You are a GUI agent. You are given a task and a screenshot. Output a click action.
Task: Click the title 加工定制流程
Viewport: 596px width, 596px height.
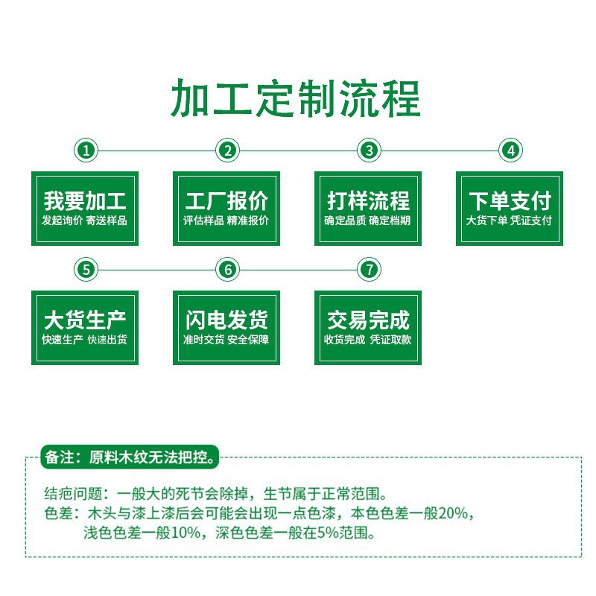(x=297, y=99)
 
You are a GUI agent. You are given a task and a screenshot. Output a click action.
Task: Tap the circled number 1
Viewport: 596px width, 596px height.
(x=86, y=150)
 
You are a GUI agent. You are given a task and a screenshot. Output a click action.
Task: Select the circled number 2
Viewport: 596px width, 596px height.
(x=227, y=150)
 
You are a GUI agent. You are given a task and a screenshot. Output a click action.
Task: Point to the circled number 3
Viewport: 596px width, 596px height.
(x=368, y=150)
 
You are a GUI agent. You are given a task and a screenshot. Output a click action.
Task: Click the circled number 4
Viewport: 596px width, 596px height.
(x=510, y=150)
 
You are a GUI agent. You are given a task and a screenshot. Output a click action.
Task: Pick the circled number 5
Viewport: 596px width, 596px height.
(x=86, y=270)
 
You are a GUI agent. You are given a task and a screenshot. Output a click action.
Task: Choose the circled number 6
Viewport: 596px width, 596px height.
(x=227, y=270)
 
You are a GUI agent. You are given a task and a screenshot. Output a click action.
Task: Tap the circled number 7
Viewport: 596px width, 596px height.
(x=368, y=270)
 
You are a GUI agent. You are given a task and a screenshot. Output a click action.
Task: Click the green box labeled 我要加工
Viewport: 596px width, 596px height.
(x=85, y=209)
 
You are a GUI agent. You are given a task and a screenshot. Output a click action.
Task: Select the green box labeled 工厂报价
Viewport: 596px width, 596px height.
(x=226, y=209)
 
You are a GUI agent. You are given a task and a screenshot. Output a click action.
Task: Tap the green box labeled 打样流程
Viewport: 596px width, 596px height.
(x=368, y=209)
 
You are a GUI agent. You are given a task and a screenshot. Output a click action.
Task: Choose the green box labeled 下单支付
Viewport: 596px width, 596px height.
(x=510, y=209)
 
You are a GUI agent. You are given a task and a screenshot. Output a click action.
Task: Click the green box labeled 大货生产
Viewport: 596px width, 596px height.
(x=85, y=328)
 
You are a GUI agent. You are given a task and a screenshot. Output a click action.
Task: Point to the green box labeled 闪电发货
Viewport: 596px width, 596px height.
(x=226, y=328)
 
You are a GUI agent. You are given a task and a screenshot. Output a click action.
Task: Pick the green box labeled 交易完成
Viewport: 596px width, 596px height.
(x=368, y=328)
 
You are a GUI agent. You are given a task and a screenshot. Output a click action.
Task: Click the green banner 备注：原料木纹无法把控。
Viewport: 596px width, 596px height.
(x=131, y=457)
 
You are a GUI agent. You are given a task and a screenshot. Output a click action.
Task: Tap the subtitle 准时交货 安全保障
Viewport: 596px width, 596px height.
(x=226, y=340)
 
